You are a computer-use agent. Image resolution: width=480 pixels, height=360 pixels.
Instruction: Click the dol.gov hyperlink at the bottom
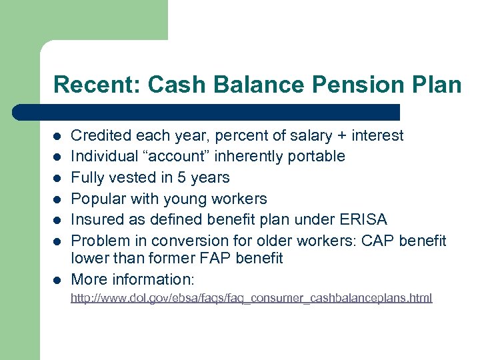click(x=251, y=298)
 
